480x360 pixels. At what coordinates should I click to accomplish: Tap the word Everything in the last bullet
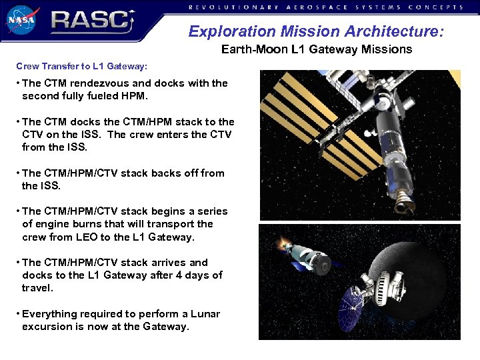(x=49, y=314)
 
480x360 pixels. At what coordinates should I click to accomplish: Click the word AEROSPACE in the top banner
(x=314, y=7)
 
